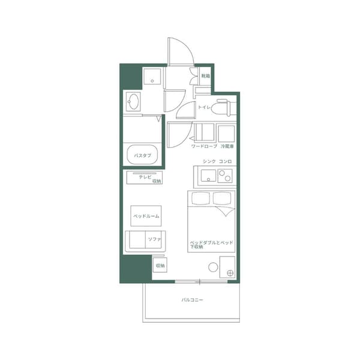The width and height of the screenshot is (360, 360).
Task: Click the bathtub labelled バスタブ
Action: pos(142,155)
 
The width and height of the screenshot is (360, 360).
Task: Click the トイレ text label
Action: pos(203,107)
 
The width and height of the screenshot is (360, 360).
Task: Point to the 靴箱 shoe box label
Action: pos(206,76)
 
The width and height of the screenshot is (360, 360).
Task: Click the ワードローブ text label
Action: pos(203,146)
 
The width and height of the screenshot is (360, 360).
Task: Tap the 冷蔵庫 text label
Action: pos(227,146)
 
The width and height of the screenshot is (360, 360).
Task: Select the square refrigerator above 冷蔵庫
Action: pos(226,133)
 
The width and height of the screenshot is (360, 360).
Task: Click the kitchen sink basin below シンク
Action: pos(208,175)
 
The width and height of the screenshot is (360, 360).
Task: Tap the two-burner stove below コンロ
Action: pos(225,176)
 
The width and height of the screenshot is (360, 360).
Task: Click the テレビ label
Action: pos(145,177)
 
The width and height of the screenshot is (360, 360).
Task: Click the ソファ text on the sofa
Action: pos(154,240)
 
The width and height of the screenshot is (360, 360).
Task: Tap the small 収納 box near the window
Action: pos(160,265)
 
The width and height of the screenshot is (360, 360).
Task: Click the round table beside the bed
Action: pos(213,268)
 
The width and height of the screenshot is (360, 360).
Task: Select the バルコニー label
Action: pos(191,299)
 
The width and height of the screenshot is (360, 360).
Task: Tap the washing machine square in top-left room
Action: pos(152,77)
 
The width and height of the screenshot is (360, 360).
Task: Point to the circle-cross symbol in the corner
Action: pos(230,274)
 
